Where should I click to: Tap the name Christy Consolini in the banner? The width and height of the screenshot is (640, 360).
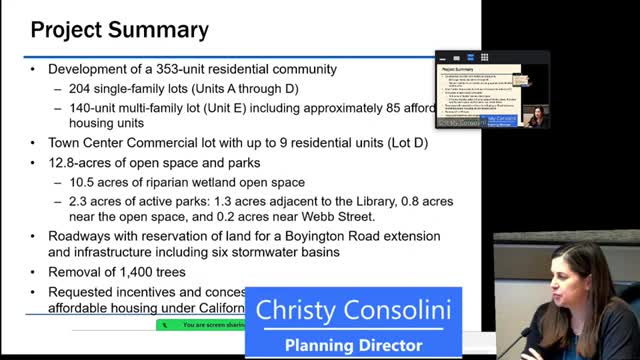tap(353, 310)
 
